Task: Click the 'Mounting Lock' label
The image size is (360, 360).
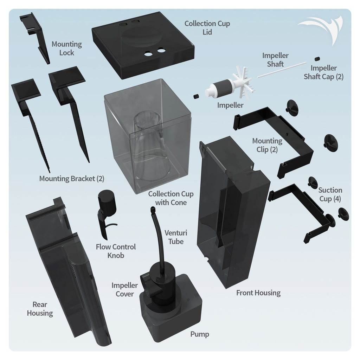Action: [x=66, y=49]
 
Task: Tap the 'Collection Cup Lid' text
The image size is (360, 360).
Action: [x=207, y=28]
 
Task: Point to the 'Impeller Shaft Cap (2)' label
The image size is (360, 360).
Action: [x=323, y=72]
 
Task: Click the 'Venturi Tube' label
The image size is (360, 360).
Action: [x=176, y=237]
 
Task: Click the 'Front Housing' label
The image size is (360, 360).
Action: [x=258, y=292]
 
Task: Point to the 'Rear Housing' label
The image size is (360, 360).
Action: [x=40, y=309]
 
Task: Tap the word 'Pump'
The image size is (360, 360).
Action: [x=199, y=334]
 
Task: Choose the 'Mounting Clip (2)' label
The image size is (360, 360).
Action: [x=267, y=145]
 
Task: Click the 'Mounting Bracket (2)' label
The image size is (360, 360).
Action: [x=71, y=178]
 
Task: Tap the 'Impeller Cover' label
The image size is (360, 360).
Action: [x=124, y=289]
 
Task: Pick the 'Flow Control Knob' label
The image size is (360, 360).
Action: [x=116, y=251]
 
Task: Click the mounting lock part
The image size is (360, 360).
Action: [x=37, y=35]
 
